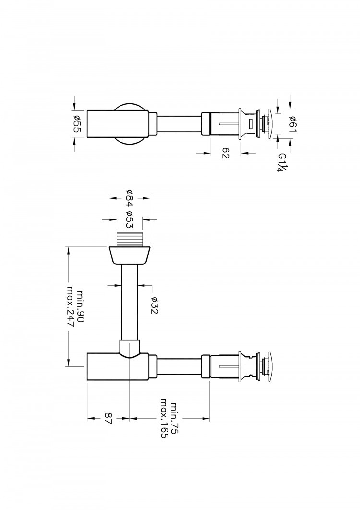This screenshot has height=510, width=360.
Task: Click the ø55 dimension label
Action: click(x=77, y=124)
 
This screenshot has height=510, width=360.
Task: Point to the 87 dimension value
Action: click(x=108, y=418)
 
